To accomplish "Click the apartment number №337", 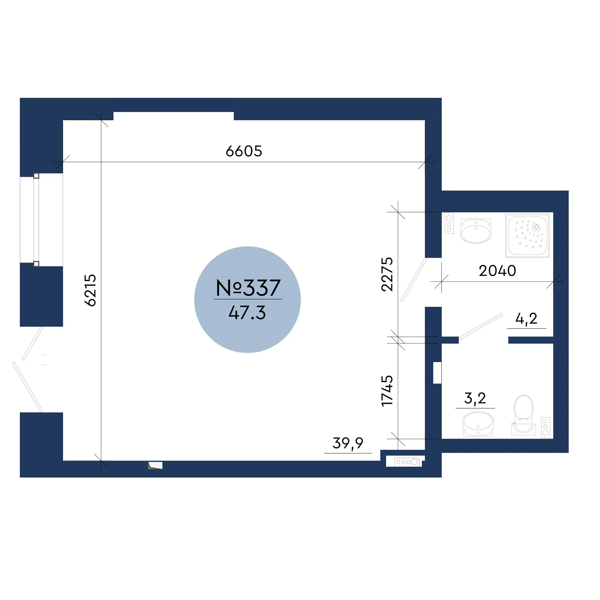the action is pos(248,288).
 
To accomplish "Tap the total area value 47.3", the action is pos(247,312).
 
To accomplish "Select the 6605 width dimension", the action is pos(244,151).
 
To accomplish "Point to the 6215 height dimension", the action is pos(90,290).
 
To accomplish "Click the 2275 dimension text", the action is pos(387,274).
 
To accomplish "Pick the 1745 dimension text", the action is pos(387,391).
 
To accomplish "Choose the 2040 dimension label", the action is pos(497,271).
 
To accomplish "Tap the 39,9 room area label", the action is pos(348,443).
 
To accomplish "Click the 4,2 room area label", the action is pos(526,319).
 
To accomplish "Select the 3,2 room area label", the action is pos(475,398).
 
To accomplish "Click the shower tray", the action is pos(527,235).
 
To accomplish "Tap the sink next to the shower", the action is pos(475,231).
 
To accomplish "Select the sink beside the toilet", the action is pos(478,424).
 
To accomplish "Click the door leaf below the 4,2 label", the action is pos(480,327).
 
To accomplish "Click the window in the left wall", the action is pos(36,220).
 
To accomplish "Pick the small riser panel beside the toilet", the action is pos(545,427).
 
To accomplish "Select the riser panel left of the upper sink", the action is pos(449,223).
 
